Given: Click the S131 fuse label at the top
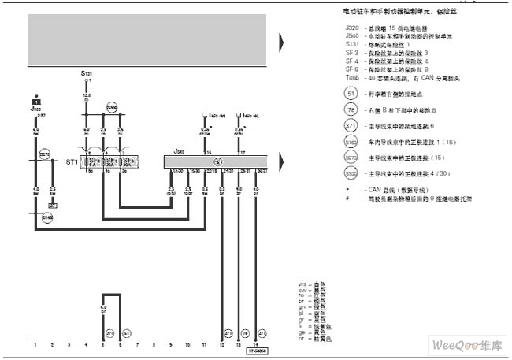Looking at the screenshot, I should pyautogui.click(x=86, y=72).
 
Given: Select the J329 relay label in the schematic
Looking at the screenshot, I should pyautogui.click(x=35, y=109).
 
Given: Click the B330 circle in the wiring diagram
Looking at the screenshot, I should pyautogui.click(x=111, y=106).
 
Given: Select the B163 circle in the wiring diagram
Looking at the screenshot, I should pyautogui.click(x=47, y=216).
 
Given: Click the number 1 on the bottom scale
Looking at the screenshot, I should pyautogui.click(x=35, y=345).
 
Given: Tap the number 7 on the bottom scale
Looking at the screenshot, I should pyautogui.click(x=137, y=345).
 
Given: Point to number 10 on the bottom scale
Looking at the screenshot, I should pyautogui.click(x=187, y=345).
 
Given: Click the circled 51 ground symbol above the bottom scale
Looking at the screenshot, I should pyautogui.click(x=127, y=332).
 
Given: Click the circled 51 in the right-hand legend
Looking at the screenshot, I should pyautogui.click(x=351, y=92).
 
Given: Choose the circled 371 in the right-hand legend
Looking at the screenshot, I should pyautogui.click(x=351, y=125).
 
